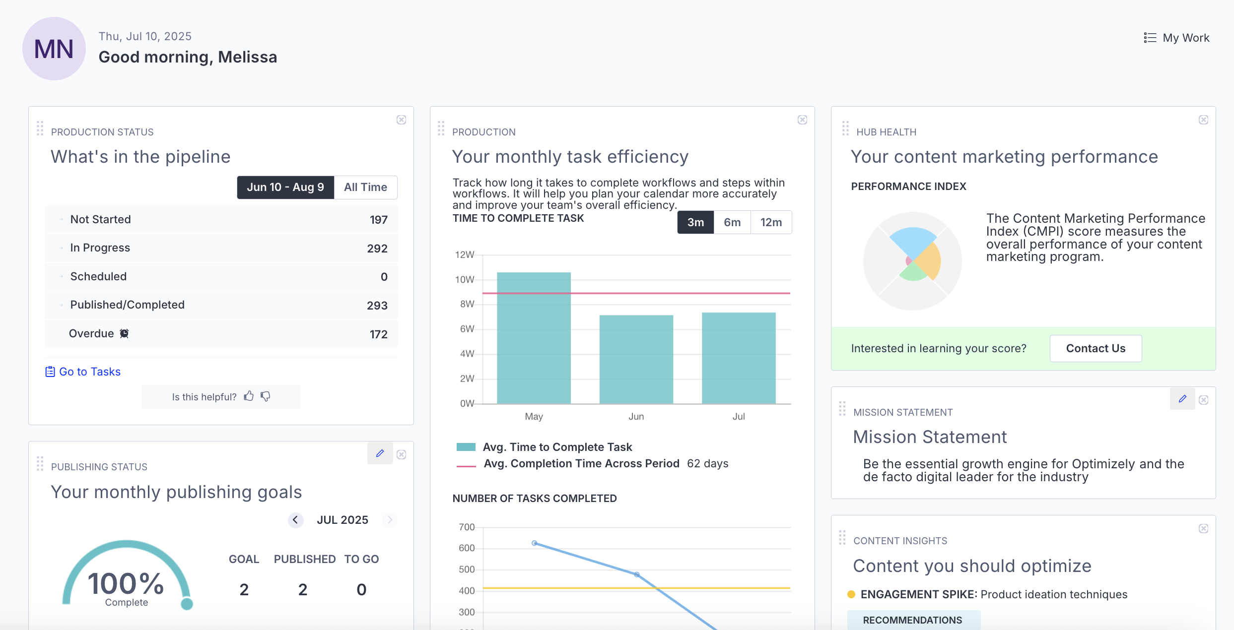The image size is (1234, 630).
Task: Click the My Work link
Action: point(1177,38)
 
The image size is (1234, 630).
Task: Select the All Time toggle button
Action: point(365,187)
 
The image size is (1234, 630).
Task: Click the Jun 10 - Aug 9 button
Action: point(285,187)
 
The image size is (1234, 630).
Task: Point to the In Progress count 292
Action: point(377,248)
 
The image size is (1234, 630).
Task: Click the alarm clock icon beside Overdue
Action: point(124,333)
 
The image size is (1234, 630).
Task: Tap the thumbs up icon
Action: point(249,396)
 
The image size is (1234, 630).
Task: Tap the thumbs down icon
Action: point(266,396)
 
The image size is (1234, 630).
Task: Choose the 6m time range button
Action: point(732,222)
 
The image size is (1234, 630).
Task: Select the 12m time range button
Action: point(771,222)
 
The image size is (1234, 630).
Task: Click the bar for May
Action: point(534,337)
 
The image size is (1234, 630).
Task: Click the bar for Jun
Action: point(636,359)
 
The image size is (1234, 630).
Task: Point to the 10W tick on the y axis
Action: point(465,279)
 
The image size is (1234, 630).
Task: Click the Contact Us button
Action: point(1096,348)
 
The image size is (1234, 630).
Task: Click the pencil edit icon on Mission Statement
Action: point(1182,399)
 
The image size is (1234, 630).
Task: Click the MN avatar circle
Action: point(54,49)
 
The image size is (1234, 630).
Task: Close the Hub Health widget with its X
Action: point(1203,120)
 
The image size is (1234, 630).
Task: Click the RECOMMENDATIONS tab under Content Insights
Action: point(912,620)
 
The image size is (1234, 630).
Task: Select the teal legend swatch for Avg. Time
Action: point(466,447)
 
